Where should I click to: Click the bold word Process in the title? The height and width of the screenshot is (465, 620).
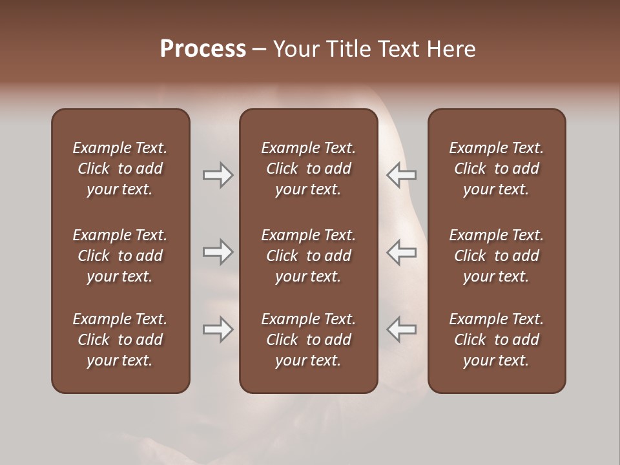[x=203, y=49]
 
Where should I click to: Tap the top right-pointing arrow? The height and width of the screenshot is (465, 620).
[x=218, y=175]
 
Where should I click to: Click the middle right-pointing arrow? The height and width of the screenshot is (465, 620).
[x=218, y=252]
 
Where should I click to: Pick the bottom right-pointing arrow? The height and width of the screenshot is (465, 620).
[x=218, y=329]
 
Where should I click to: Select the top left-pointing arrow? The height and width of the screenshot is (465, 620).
[x=401, y=175]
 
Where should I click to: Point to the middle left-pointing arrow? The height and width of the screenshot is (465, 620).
[x=401, y=252]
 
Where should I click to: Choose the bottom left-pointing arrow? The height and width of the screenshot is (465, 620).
[x=401, y=329]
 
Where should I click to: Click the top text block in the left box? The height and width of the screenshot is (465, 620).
[x=120, y=169]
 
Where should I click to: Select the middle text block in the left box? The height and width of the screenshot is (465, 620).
[x=120, y=256]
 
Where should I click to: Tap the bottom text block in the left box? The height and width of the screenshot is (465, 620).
[x=120, y=340]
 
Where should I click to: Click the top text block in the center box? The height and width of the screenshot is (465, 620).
[x=308, y=169]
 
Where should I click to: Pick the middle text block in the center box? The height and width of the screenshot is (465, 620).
[x=308, y=256]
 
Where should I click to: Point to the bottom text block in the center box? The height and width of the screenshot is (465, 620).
[x=308, y=340]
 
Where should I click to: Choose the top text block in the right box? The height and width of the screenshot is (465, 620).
[x=497, y=169]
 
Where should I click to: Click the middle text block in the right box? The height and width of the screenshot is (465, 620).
[x=497, y=256]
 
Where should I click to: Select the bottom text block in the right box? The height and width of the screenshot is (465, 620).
[x=497, y=340]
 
